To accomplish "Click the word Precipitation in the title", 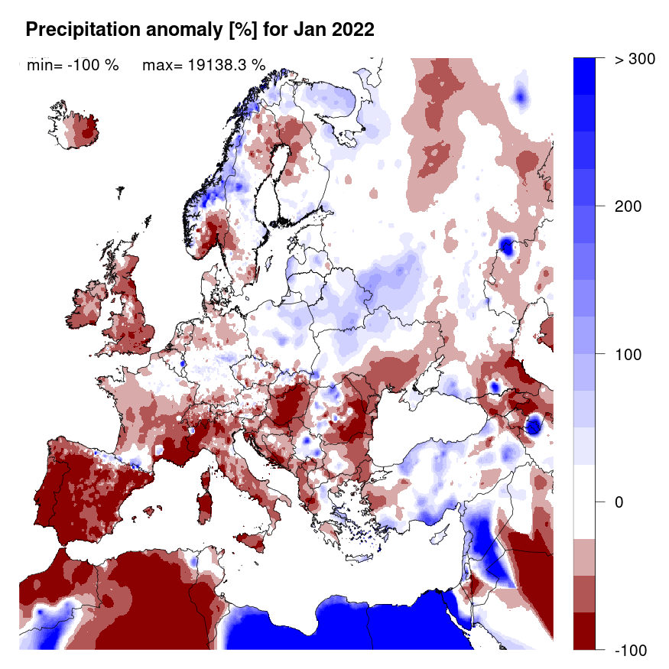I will coord(77,30).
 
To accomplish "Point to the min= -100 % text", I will coord(73,65).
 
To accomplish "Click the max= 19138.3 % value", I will coord(204,65).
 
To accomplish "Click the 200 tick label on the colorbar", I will coord(628,206).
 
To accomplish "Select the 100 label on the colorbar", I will coord(628,354).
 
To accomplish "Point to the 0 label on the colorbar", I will coord(620,502).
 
